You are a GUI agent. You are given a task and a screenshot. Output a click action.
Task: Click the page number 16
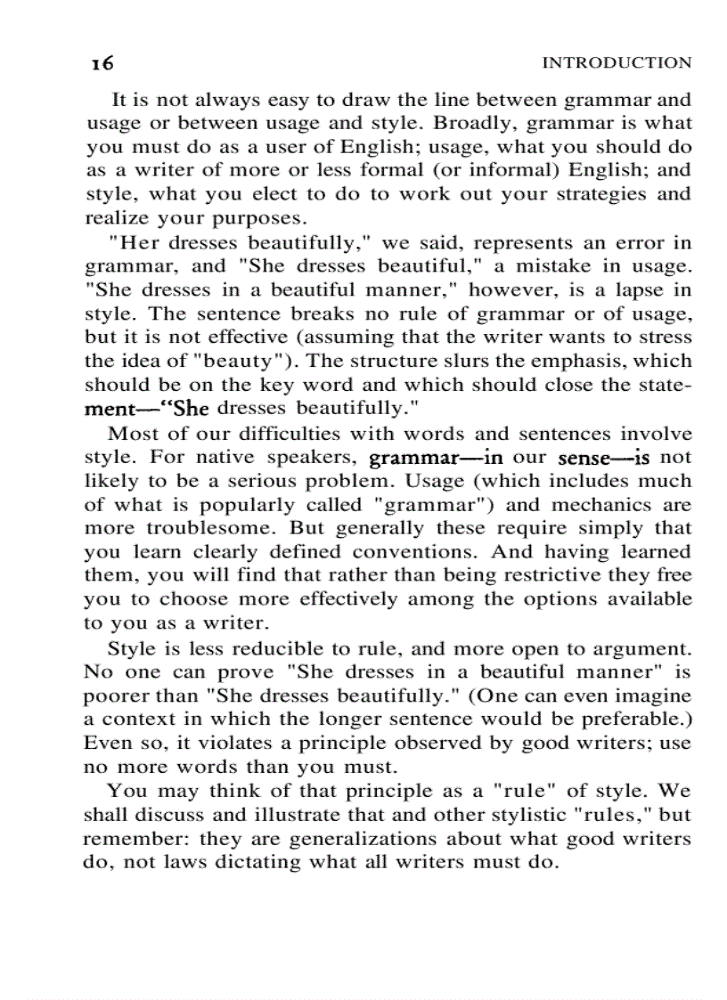pos(102,63)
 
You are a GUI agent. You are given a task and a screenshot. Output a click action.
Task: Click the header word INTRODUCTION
pos(617,62)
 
